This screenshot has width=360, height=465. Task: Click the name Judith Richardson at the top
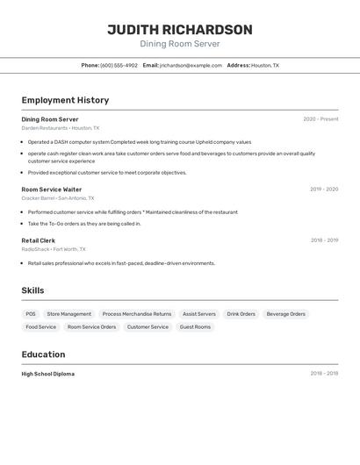tap(180, 30)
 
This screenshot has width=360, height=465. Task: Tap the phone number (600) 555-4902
tap(119, 65)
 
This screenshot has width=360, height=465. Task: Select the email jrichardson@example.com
tap(191, 65)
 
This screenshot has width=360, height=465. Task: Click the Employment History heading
tap(65, 100)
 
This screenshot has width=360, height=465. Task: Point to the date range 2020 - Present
tap(320, 119)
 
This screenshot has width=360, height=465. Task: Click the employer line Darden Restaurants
tap(61, 128)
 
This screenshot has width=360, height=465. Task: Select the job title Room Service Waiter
tap(52, 190)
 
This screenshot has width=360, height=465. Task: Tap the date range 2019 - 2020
tap(324, 190)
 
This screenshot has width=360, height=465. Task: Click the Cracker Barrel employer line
tap(59, 198)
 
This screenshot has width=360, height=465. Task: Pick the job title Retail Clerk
tap(38, 240)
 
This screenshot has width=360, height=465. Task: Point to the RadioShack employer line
tap(54, 249)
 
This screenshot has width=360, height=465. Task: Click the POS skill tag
tap(31, 314)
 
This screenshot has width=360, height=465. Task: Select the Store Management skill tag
tap(68, 314)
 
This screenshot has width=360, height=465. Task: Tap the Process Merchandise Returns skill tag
tap(137, 314)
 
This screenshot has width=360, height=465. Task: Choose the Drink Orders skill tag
tap(241, 314)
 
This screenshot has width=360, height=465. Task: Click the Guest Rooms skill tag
tap(195, 327)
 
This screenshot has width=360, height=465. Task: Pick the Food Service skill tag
tap(40, 327)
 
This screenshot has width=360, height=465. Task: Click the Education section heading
tap(43, 354)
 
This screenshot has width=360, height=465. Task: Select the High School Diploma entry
tap(47, 374)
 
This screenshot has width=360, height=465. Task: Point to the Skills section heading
tap(32, 290)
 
